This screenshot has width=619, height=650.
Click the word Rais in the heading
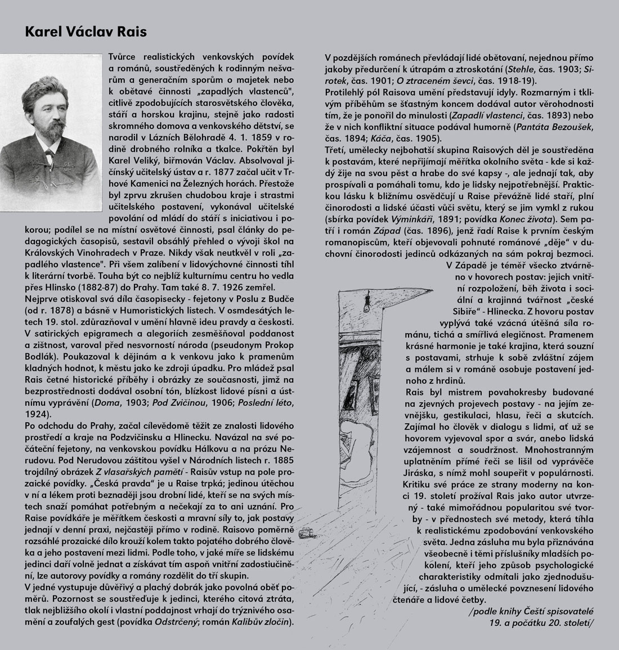tap(131, 32)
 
